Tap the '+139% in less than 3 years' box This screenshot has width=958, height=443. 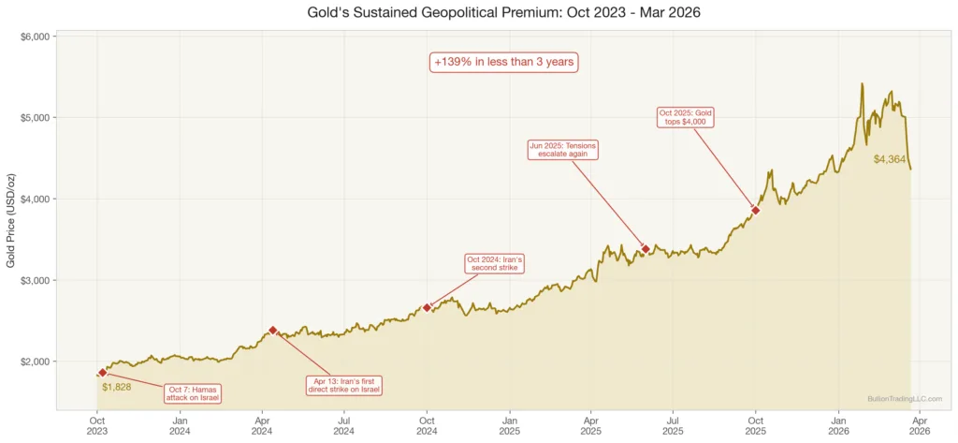(x=504, y=62)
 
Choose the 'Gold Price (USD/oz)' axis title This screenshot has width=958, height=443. (x=10, y=221)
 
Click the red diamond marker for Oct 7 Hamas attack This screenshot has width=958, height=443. (x=102, y=373)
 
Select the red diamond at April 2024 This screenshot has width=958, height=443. (x=272, y=330)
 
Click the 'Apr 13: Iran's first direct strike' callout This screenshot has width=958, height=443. (x=344, y=385)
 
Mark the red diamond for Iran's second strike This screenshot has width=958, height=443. (x=427, y=307)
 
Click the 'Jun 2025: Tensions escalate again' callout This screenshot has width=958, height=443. (x=561, y=150)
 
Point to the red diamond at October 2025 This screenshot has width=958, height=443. (x=755, y=211)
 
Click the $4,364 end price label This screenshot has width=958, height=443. (x=889, y=159)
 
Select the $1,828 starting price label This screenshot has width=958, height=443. (x=117, y=387)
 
